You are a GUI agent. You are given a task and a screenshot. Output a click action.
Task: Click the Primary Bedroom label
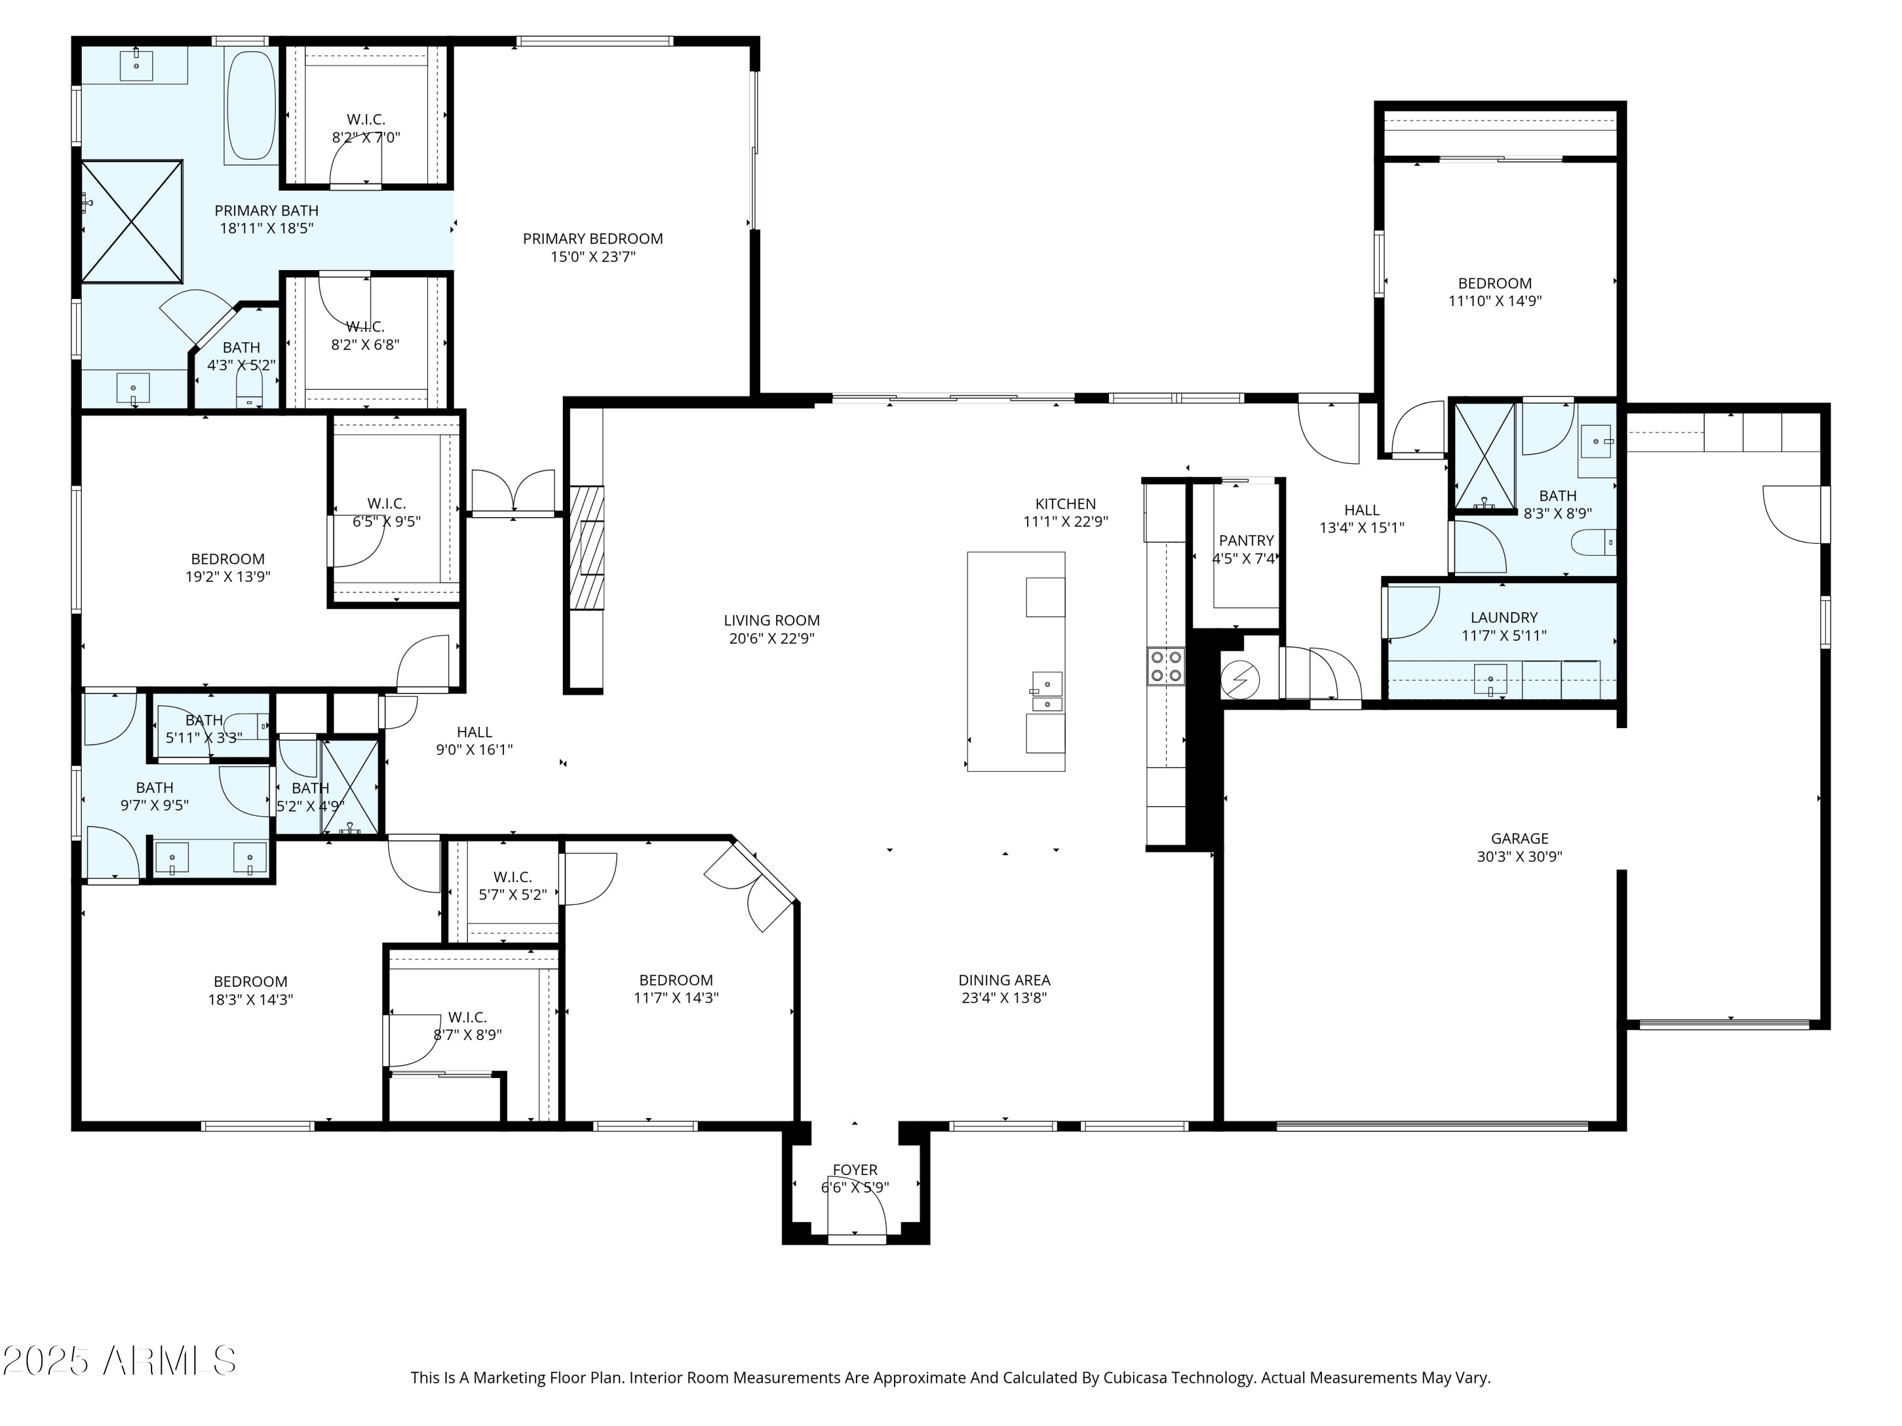point(592,239)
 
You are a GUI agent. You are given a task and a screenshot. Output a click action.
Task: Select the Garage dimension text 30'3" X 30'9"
point(1519,856)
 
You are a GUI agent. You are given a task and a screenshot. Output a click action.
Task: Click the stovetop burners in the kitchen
point(1165,666)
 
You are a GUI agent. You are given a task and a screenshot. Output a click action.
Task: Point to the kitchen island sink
point(1047,685)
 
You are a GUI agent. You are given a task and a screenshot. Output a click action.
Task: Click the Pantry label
point(1246,541)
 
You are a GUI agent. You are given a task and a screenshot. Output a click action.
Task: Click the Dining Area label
point(1004,980)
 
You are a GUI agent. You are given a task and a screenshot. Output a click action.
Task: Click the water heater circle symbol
point(1240,680)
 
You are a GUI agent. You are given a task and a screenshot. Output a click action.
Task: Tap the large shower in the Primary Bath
point(133,221)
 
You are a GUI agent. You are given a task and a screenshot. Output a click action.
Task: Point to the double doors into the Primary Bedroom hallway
point(514,492)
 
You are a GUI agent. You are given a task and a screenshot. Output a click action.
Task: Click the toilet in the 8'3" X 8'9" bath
point(1593,543)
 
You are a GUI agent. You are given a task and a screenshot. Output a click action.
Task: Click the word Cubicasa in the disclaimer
point(1134,1378)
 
